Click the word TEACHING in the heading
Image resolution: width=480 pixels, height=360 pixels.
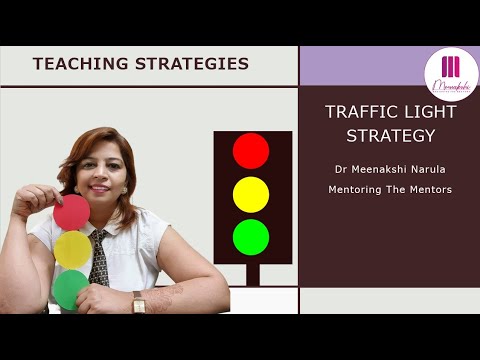coord(73,64)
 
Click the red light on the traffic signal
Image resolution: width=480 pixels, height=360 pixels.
coord(251,151)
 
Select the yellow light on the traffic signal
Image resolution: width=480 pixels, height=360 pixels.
coord(251,194)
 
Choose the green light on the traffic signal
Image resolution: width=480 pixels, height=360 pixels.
coord(251,237)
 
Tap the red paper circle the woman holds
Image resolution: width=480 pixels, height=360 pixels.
coord(72,211)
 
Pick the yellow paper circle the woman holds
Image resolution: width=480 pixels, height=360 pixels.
coord(73,249)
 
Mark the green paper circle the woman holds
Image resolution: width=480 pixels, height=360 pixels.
coord(70,288)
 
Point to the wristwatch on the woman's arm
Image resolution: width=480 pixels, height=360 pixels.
coord(139,301)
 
